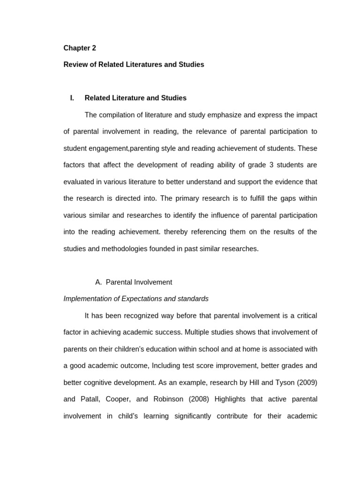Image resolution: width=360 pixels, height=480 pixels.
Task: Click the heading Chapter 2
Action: coord(80,48)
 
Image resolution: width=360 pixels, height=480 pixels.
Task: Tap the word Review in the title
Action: coord(75,65)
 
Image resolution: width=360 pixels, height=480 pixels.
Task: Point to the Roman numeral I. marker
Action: coord(72,98)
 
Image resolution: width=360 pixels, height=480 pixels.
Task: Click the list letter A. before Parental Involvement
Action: coord(98,282)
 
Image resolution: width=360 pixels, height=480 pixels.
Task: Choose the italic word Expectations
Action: coord(142,299)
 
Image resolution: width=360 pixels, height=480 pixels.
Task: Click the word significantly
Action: coord(193,416)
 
